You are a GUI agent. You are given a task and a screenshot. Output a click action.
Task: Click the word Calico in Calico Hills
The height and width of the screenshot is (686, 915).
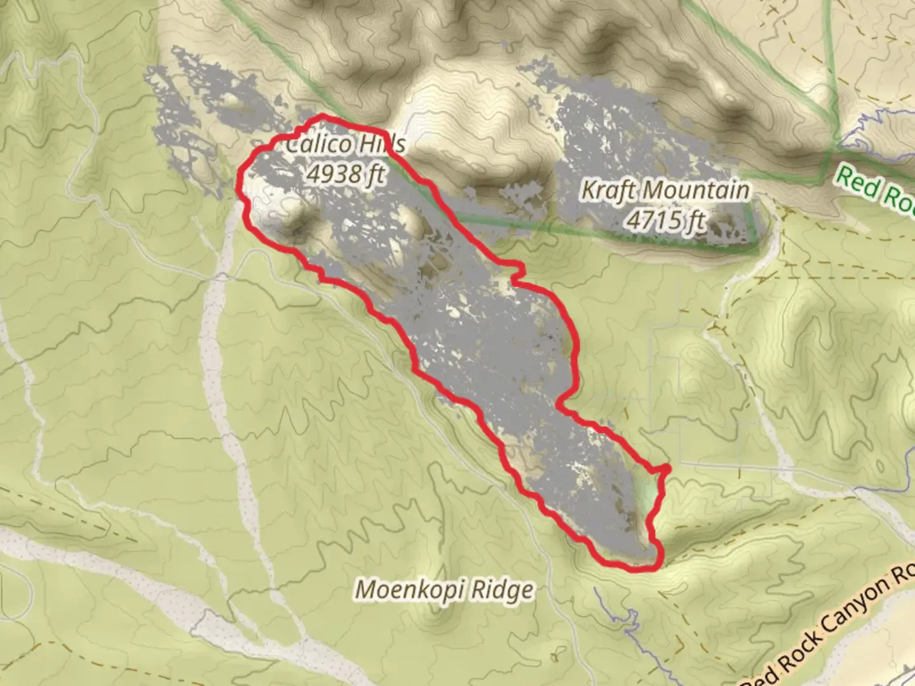[x=318, y=145]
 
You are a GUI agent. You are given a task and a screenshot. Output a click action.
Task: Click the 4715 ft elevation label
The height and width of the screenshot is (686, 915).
[x=665, y=220]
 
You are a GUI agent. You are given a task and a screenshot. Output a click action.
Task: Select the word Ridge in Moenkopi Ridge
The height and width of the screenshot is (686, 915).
[x=501, y=590]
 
